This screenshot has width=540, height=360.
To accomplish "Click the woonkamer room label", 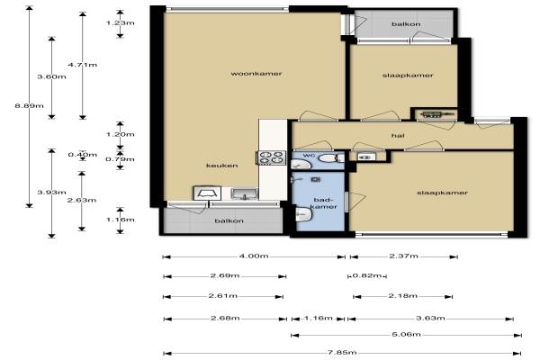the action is click(x=256, y=74).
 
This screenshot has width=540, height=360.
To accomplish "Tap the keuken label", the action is click(x=221, y=166).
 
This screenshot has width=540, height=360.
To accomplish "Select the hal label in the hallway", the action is click(x=398, y=136).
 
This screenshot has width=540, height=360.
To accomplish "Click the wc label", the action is click(x=309, y=156).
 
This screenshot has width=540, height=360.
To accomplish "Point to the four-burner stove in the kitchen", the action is click(x=272, y=157).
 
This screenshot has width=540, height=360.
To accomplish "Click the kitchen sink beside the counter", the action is click(x=244, y=194).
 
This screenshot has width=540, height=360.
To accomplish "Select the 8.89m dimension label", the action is click(x=30, y=105).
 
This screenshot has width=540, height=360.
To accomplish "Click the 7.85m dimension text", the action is click(x=342, y=353).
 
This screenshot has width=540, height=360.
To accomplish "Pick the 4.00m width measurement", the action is click(x=254, y=256).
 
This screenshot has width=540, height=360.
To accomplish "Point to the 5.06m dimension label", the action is click(x=407, y=334).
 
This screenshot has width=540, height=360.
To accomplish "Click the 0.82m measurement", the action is click(x=367, y=275).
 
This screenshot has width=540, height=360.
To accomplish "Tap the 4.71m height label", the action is click(x=83, y=65).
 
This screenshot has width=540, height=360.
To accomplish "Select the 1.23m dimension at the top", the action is click(x=121, y=23).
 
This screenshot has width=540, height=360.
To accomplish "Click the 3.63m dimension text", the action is click(x=430, y=318).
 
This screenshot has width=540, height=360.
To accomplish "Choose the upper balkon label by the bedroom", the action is click(x=406, y=24).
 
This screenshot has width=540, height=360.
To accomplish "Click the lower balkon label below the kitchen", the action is click(x=229, y=220).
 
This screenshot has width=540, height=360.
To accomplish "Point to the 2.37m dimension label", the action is click(x=403, y=256).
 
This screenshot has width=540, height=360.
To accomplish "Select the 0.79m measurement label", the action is click(x=121, y=159).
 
